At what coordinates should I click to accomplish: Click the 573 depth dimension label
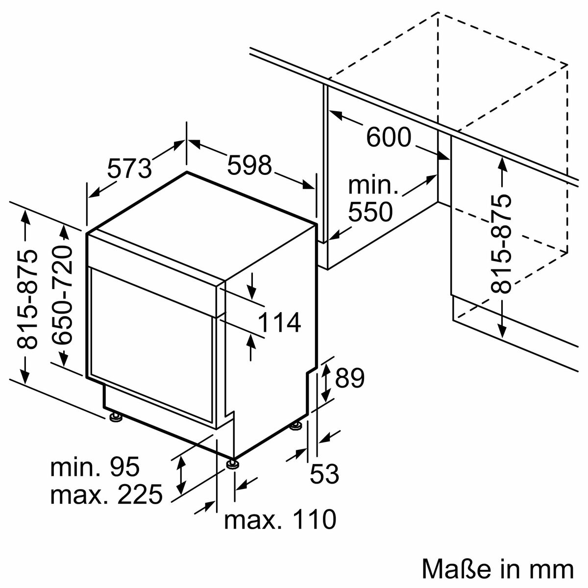click(129, 168)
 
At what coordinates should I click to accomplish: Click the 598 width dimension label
click(249, 165)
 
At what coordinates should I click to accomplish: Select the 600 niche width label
click(389, 137)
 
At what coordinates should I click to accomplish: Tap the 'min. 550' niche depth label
click(370, 199)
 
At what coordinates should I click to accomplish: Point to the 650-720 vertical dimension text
click(62, 294)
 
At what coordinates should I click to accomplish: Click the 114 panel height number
click(279, 323)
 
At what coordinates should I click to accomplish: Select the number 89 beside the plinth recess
click(350, 378)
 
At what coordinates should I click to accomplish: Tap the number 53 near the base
click(324, 474)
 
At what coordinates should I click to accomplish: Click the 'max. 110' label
click(280, 519)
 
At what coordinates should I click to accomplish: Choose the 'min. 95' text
click(95, 467)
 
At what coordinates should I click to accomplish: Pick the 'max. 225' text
click(106, 495)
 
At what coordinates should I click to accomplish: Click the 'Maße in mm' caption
click(497, 570)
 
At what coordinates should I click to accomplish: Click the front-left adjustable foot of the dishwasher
click(116, 418)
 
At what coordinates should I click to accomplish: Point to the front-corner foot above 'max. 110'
click(232, 463)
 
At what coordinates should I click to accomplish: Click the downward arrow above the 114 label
click(252, 287)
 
